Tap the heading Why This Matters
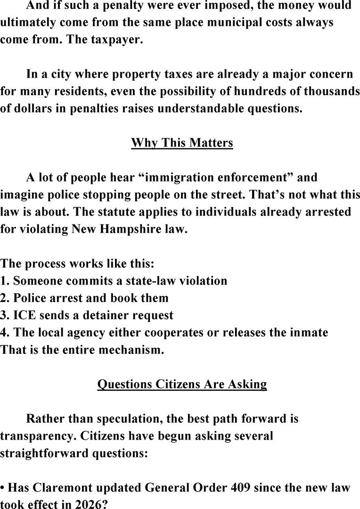tap(182, 142)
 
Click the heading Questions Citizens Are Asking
tap(182, 384)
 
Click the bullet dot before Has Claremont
tap(3, 487)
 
